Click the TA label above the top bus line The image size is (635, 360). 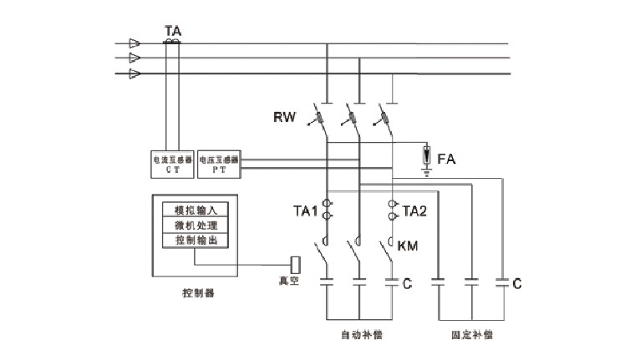[x=174, y=30]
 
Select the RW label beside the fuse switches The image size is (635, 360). [x=284, y=117]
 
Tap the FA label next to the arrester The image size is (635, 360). [x=446, y=157]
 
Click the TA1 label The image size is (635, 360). [x=305, y=212]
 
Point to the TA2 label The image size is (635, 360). [x=415, y=212]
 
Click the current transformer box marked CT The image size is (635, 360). [x=172, y=163]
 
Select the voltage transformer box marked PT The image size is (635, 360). [x=220, y=163]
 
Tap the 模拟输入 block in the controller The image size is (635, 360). [x=195, y=210]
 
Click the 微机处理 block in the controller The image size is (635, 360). [x=195, y=226]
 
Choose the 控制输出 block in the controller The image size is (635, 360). [x=195, y=241]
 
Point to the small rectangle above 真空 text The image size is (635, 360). [x=295, y=265]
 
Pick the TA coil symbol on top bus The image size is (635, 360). [x=172, y=41]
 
